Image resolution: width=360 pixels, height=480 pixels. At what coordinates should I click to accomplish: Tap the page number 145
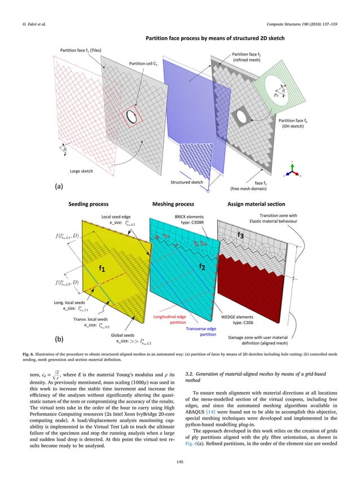pos(180,463)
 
